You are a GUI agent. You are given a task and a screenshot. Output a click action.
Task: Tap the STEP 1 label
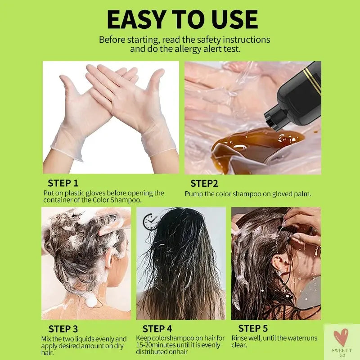pyautogui.click(x=63, y=183)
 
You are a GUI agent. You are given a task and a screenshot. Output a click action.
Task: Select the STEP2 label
pyautogui.click(x=204, y=183)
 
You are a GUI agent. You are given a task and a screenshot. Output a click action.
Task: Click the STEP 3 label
pyautogui.click(x=63, y=329)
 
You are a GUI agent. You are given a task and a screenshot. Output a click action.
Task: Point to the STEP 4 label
pyautogui.click(x=157, y=329)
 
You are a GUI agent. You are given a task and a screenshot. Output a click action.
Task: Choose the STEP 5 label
pyautogui.click(x=253, y=328)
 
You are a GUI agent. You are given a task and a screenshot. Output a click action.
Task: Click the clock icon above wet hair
pyautogui.click(x=150, y=221)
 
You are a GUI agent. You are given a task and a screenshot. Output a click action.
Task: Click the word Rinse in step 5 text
pyautogui.click(x=240, y=338)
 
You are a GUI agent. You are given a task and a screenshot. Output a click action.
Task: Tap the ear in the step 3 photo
pyautogui.click(x=110, y=258)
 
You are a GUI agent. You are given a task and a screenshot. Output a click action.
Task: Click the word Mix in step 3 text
pyautogui.click(x=47, y=339)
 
